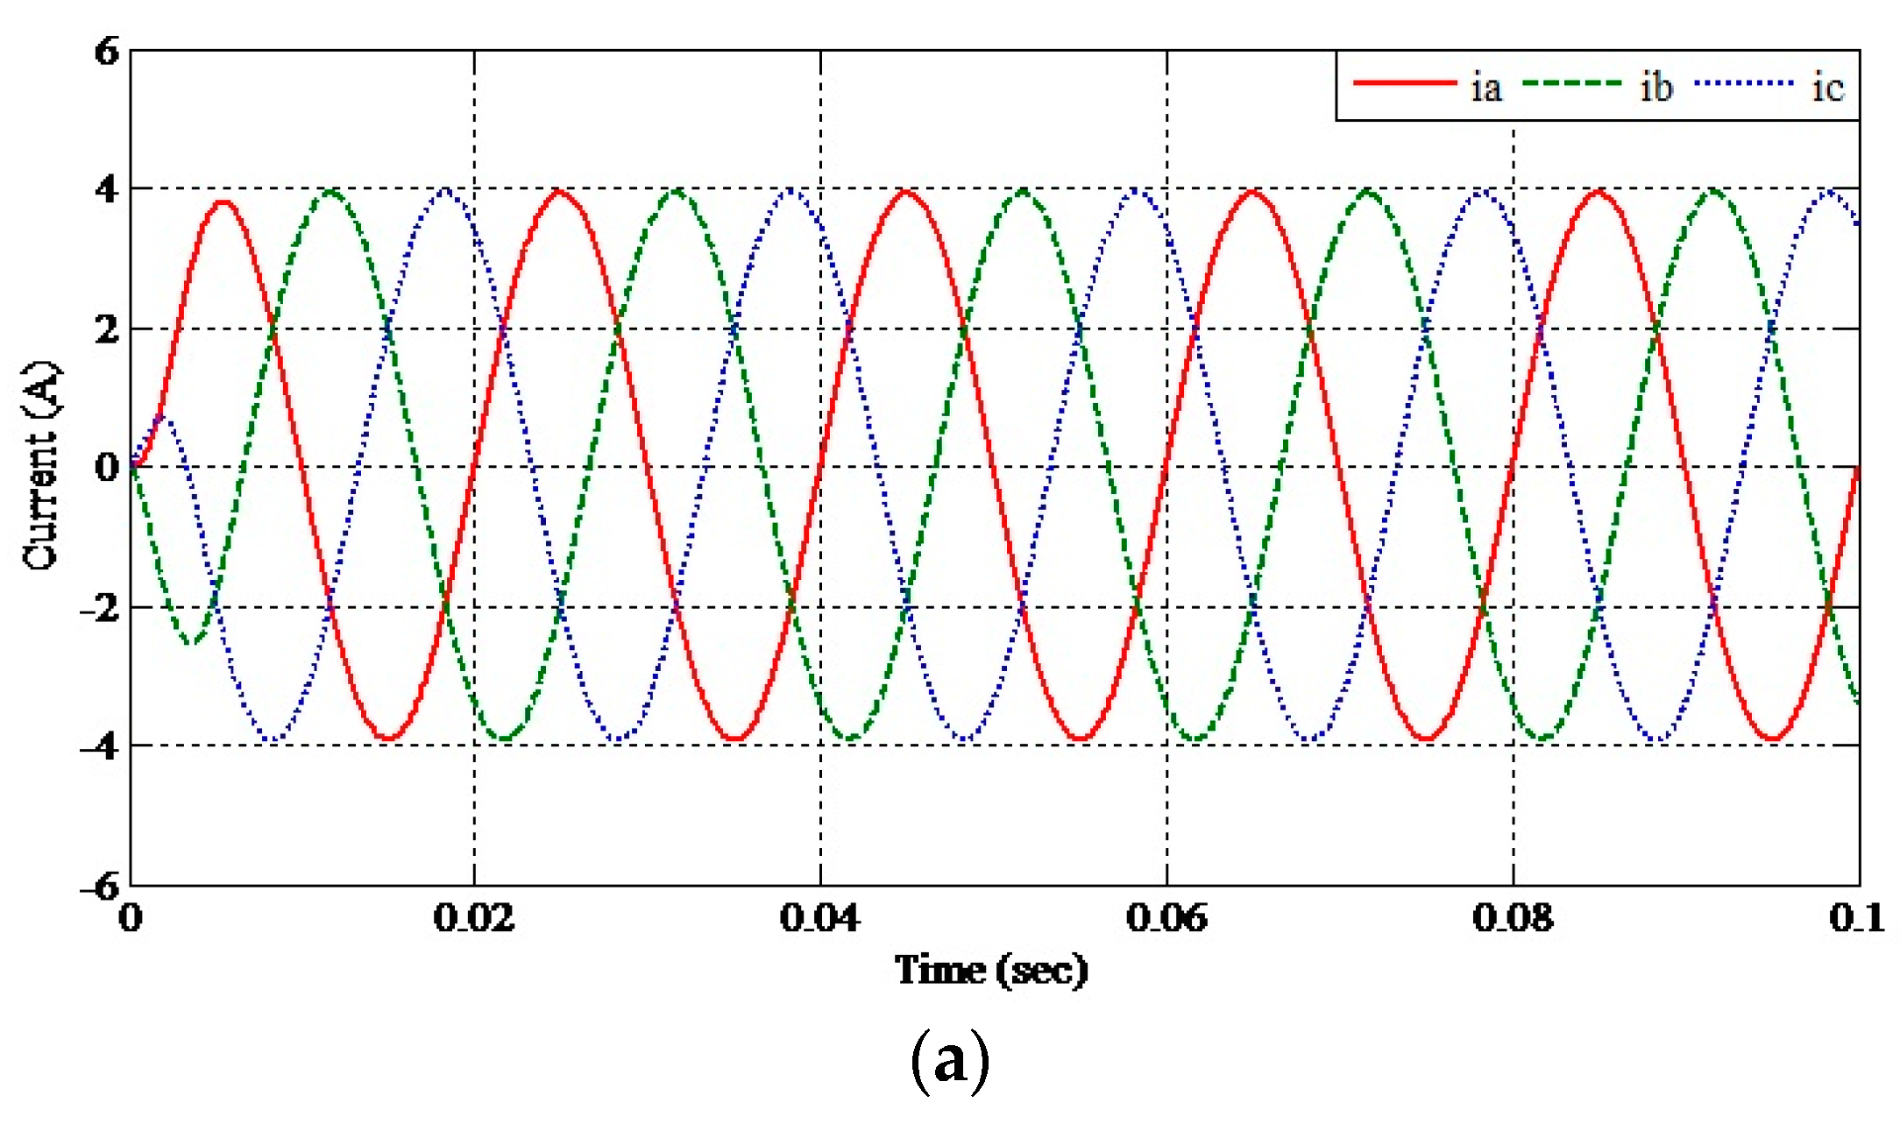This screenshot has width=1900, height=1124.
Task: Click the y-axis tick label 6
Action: [106, 52]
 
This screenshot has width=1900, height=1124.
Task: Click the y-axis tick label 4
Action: [106, 189]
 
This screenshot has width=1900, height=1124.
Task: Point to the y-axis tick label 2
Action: [106, 329]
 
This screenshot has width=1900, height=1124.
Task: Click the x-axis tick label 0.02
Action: [474, 918]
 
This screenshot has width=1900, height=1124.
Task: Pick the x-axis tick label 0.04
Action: [820, 918]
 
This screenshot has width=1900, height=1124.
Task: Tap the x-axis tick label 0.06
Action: [1166, 918]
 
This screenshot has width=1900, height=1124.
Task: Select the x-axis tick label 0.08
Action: [1513, 918]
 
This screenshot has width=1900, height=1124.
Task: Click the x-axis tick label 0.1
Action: [1856, 918]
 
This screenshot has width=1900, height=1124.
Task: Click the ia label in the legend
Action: [1485, 88]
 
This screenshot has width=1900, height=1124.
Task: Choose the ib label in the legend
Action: [1655, 88]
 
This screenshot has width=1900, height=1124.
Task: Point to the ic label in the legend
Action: [1827, 88]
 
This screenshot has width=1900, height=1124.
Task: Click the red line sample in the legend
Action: [1404, 83]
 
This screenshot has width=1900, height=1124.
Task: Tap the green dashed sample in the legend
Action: [1573, 83]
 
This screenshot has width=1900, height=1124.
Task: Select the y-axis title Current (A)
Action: [42, 466]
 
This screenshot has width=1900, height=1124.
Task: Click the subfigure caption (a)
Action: [950, 1062]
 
